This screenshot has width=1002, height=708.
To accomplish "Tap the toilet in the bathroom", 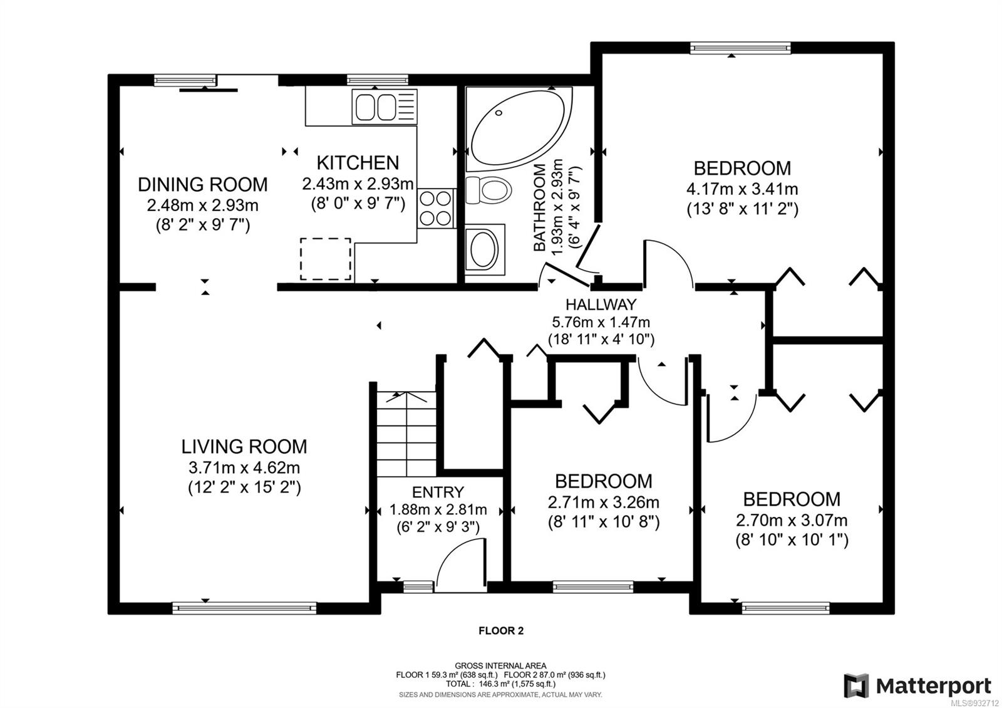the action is (488, 190).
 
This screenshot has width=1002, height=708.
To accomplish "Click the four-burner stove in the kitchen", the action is (436, 208).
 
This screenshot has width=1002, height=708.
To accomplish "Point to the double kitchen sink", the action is (385, 107).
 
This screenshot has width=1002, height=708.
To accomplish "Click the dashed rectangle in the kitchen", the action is (325, 259).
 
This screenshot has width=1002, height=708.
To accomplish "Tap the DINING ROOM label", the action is (203, 184).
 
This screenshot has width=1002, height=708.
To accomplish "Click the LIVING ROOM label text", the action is (244, 447).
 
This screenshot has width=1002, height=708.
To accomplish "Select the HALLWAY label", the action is (601, 305).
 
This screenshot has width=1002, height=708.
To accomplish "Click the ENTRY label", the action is (438, 492).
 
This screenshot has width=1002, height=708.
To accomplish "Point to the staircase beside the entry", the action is (406, 434).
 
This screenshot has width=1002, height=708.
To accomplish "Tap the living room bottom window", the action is (244, 608).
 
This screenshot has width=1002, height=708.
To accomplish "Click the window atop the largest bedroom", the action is (740, 48).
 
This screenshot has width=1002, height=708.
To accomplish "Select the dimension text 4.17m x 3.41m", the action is (742, 189).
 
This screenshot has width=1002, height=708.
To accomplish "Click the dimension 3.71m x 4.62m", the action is (244, 467).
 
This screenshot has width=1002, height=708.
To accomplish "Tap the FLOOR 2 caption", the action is (501, 631).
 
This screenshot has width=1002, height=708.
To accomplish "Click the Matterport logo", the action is (917, 685).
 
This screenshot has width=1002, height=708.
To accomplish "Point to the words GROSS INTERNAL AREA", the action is (500, 666).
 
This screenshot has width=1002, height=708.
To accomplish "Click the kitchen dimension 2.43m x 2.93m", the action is (358, 184).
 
